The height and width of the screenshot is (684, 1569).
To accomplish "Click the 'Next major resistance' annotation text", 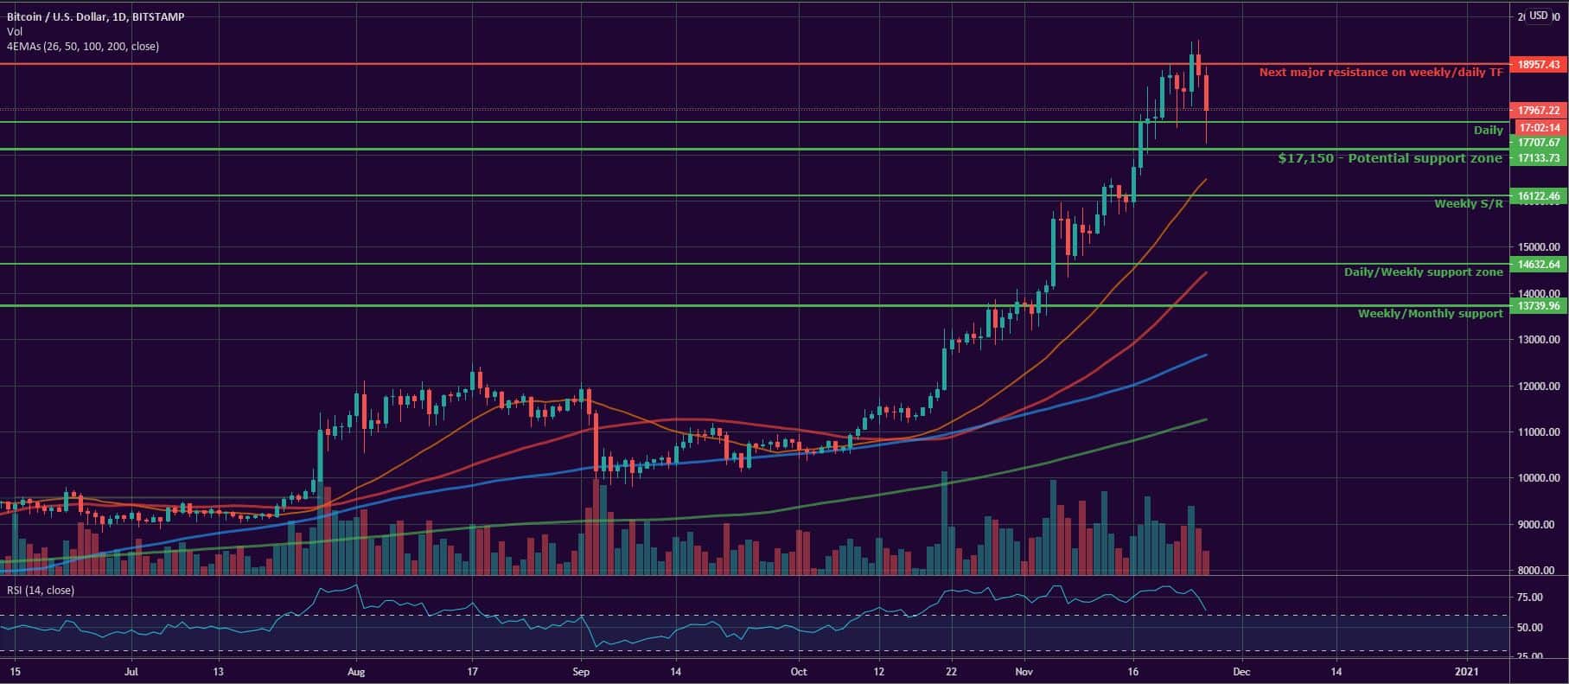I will [1381, 73].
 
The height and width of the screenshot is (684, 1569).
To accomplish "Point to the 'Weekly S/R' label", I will [1468, 204].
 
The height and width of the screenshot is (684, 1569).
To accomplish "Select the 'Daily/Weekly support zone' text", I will [1423, 272].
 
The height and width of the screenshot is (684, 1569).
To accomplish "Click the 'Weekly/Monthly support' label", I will [1430, 314].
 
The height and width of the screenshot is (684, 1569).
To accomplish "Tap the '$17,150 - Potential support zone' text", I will [1389, 158].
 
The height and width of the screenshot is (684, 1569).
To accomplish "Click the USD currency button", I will [1539, 16].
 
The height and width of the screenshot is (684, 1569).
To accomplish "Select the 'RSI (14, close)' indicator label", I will [41, 591].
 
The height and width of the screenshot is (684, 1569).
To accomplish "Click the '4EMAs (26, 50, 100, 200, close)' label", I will [82, 47].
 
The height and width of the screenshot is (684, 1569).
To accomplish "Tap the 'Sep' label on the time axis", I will [581, 671].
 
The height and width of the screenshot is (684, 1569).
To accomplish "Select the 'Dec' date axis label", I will [1240, 671].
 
